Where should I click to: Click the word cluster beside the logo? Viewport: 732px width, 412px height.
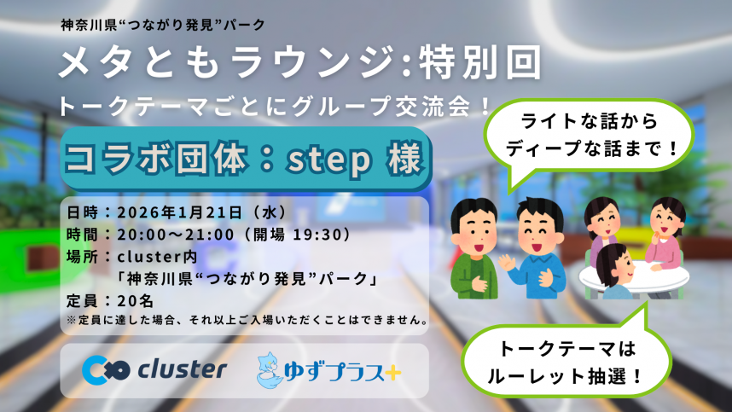(181, 369)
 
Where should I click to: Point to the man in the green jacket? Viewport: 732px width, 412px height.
(473, 247)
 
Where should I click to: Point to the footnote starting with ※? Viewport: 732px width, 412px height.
(247, 322)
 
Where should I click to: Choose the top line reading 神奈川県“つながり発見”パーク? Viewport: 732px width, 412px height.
(165, 25)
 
